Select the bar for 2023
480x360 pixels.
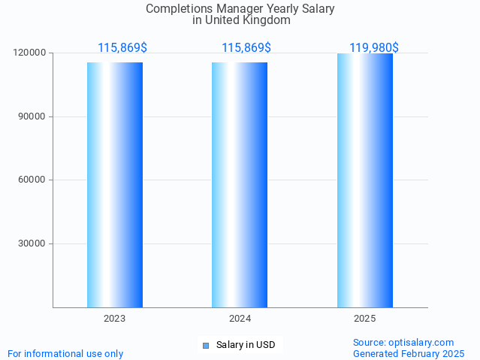pyautogui.click(x=114, y=184)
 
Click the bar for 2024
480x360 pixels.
pyautogui.click(x=239, y=184)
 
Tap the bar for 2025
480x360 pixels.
pyautogui.click(x=364, y=180)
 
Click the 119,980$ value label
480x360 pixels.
pyautogui.click(x=373, y=47)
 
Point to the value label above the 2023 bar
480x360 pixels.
pyautogui.click(x=122, y=47)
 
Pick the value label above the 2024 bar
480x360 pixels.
pyautogui.click(x=246, y=47)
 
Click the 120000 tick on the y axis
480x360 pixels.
pyautogui.click(x=29, y=53)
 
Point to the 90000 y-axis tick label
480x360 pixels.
pyautogui.click(x=32, y=116)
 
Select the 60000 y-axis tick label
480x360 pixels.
pyautogui.click(x=32, y=180)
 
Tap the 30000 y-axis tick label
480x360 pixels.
pyautogui.click(x=32, y=244)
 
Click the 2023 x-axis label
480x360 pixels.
pyautogui.click(x=114, y=319)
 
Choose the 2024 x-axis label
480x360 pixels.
pyautogui.click(x=240, y=319)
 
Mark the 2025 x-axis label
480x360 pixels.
pyautogui.click(x=364, y=319)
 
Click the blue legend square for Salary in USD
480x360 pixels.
pyautogui.click(x=205, y=346)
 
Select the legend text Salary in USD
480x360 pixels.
pyautogui.click(x=246, y=346)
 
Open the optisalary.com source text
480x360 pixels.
pyautogui.click(x=403, y=342)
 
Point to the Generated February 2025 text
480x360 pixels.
pyautogui.click(x=408, y=353)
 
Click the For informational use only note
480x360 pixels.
pyautogui.click(x=65, y=353)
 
